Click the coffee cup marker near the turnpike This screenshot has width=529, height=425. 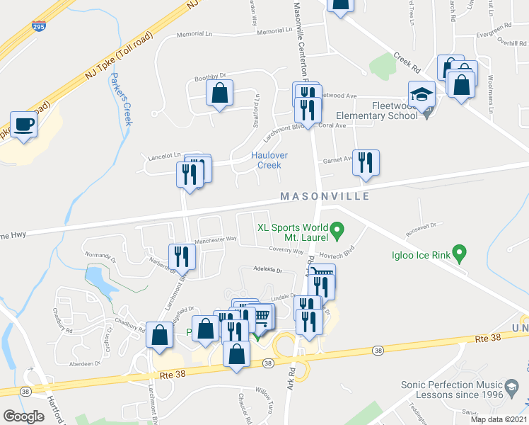point(23,125)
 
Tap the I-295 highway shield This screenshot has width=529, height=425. point(40,27)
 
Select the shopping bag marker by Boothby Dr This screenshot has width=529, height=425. point(219,93)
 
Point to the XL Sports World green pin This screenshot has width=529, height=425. point(337,228)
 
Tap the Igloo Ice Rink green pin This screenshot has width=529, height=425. point(459,251)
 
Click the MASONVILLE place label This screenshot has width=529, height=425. point(325,196)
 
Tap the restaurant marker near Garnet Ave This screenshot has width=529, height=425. point(366,162)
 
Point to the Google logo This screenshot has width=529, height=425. point(23,416)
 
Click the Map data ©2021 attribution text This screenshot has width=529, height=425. point(499,419)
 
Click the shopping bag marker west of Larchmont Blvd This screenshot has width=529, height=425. point(159,334)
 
